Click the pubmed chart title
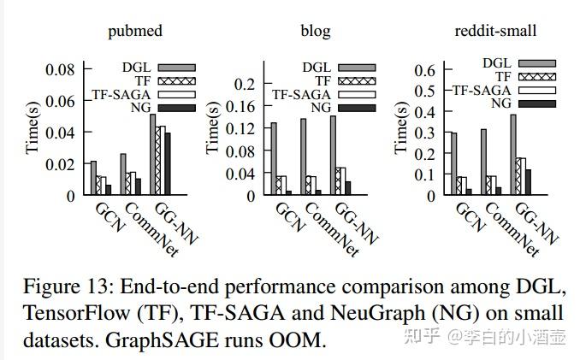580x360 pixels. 135,32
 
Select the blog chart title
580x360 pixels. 315,32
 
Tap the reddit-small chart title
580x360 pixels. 496,32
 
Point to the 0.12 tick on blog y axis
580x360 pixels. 243,128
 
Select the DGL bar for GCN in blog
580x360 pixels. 273,158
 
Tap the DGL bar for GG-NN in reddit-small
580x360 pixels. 514,154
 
